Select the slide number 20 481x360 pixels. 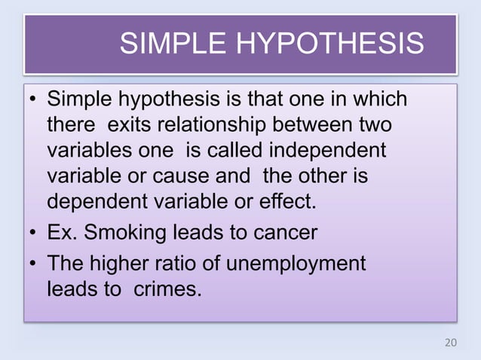point(450,343)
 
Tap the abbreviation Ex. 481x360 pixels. point(63,232)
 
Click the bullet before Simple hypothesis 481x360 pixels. point(33,99)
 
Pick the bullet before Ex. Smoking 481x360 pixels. point(33,232)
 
